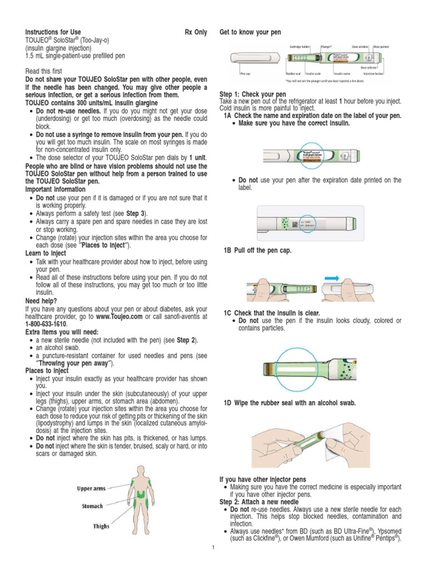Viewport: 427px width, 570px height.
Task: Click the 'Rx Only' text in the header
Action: (196, 32)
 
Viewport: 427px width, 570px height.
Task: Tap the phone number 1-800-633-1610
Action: (46, 323)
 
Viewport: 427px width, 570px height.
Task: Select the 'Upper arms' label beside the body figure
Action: (91, 488)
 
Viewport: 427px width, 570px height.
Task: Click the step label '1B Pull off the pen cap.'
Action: (257, 251)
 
